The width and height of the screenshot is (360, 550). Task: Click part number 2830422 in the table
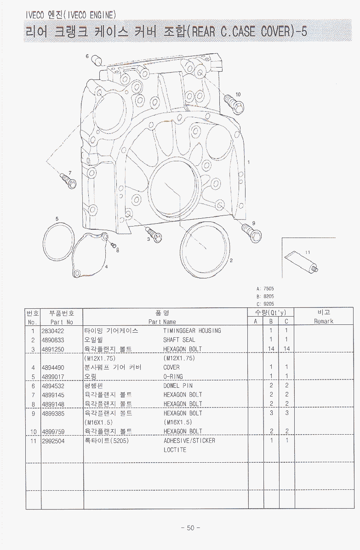tap(53, 331)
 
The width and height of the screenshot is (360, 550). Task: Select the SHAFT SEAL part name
tap(179, 340)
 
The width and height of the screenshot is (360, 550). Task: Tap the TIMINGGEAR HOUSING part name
tap(192, 331)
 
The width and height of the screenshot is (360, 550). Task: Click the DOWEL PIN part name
tap(178, 386)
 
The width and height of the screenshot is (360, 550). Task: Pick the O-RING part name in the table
tap(173, 377)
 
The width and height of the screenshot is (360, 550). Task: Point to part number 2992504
tap(53, 441)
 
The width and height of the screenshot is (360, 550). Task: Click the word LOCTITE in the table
tap(175, 450)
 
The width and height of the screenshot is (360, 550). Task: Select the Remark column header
tap(324, 322)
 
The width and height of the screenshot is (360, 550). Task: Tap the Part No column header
tap(62, 322)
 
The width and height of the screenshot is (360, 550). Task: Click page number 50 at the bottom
tap(191, 527)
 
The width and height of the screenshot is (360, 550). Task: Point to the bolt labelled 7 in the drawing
tap(67, 181)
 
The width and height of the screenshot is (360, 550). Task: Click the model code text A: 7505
tap(265, 289)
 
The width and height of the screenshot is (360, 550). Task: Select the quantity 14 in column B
tap(271, 349)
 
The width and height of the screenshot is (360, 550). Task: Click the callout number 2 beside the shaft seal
tap(231, 261)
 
